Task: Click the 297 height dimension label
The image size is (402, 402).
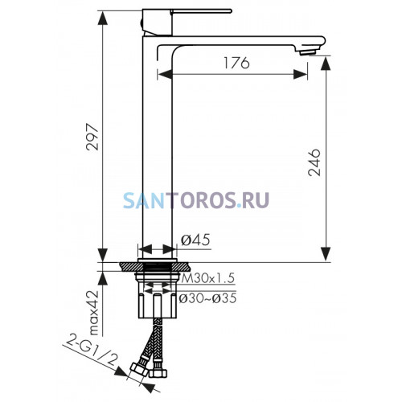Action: click(x=92, y=137)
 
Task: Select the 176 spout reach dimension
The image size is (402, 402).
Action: click(x=236, y=63)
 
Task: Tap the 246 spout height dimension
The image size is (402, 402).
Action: click(x=314, y=162)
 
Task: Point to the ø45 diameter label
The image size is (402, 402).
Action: click(x=195, y=240)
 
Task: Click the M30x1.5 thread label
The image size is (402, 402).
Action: click(x=208, y=278)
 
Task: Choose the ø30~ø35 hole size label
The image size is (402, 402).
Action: click(x=207, y=298)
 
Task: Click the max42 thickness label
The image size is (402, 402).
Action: click(x=93, y=313)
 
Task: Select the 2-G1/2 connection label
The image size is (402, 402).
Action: click(x=91, y=350)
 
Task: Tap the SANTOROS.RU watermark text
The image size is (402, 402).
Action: click(x=196, y=200)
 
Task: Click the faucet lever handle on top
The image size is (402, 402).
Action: click(x=201, y=11)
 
